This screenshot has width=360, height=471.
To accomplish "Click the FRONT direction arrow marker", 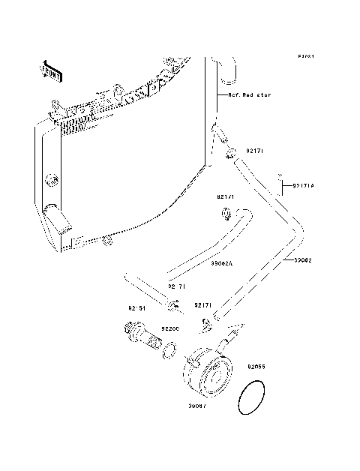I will (50, 70).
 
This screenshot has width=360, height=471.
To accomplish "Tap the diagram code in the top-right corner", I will (304, 56).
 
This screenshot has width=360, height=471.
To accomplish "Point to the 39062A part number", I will (220, 263).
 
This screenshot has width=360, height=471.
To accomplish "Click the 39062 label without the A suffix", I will (302, 261).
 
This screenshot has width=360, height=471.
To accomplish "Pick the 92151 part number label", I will (135, 307).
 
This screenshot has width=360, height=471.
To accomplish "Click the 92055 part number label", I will (256, 367).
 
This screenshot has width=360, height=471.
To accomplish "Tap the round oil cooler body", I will (207, 373).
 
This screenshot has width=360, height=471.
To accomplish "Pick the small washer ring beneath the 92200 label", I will (171, 349).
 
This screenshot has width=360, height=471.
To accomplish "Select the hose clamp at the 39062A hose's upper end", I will (226, 216).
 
